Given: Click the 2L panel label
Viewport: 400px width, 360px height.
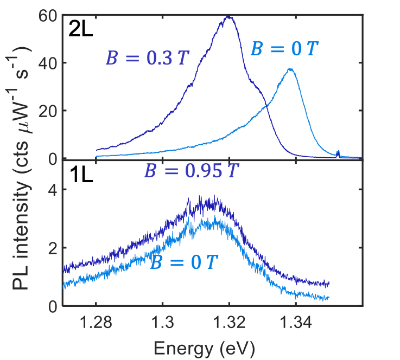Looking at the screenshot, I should (x=80, y=28).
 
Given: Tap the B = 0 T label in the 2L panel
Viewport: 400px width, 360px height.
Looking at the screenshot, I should (x=284, y=49).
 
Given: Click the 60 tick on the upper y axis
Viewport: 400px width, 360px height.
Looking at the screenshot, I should (x=48, y=15).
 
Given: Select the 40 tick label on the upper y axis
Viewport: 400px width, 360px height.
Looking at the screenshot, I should (x=48, y=63).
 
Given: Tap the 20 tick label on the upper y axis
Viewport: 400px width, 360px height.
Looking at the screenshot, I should (x=48, y=111).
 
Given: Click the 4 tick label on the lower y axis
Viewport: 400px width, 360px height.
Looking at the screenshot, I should (x=53, y=189).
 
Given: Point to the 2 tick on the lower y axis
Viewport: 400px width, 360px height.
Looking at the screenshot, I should (x=53, y=248).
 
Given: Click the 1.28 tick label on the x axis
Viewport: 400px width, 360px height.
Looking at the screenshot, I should (x=96, y=324).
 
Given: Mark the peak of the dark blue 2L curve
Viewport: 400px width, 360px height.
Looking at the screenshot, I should (x=228, y=16).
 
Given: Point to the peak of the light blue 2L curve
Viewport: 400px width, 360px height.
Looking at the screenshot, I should (x=291, y=69).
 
